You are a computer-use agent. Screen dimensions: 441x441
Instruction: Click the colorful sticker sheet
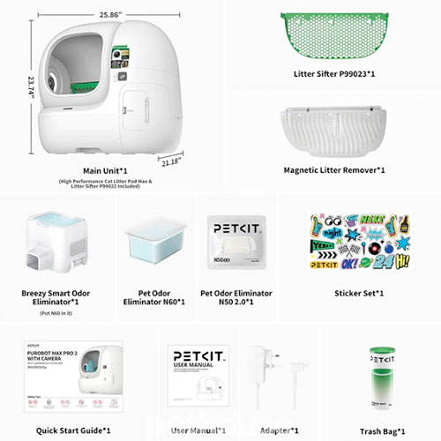[x=358, y=241]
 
